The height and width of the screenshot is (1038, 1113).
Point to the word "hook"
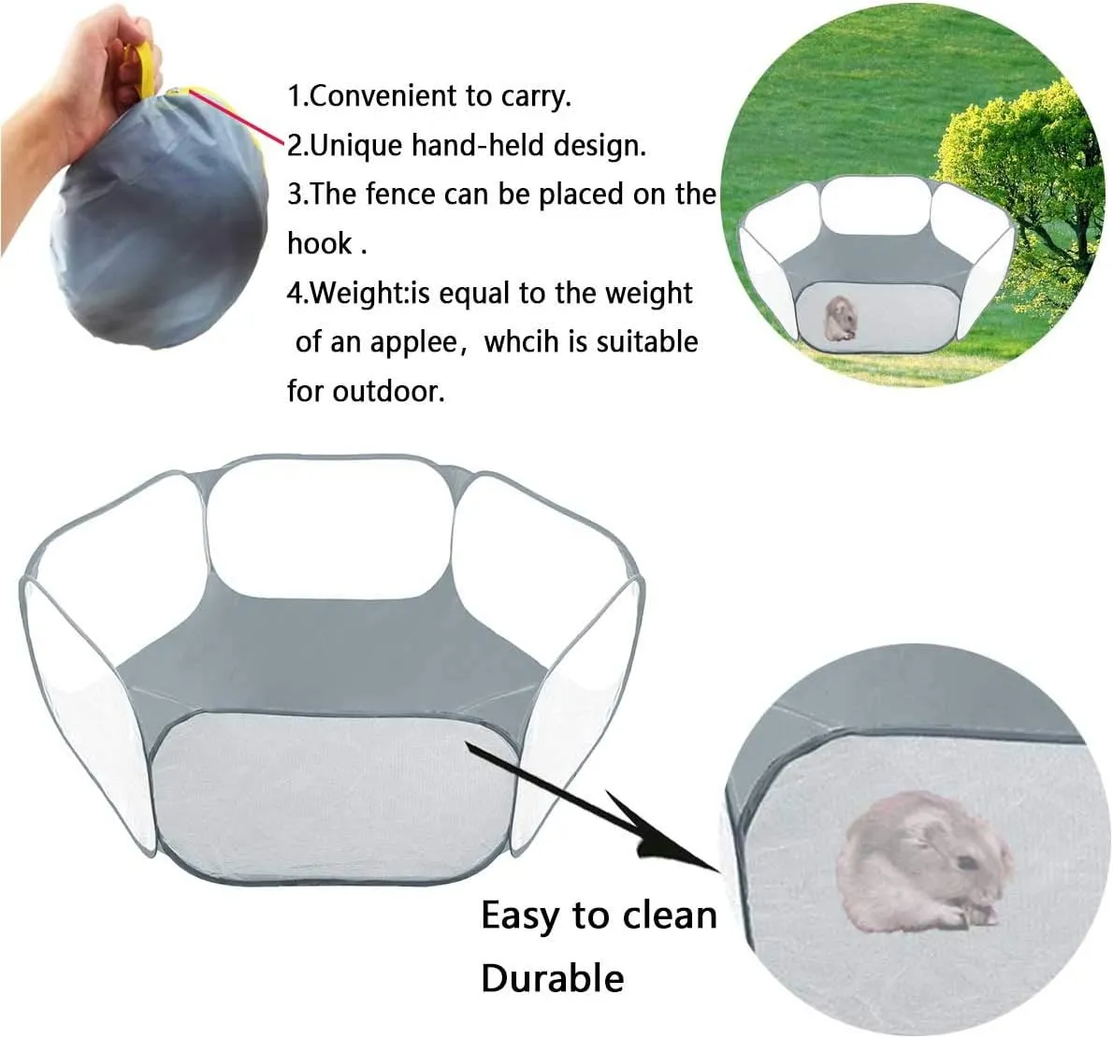point(320,243)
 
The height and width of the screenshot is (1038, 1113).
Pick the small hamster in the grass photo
point(840,318)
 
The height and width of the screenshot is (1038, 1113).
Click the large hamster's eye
point(967,863)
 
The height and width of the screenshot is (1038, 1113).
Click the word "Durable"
point(552,978)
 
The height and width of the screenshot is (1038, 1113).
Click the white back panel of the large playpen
point(330,528)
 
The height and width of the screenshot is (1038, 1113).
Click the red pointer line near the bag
point(237,116)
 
